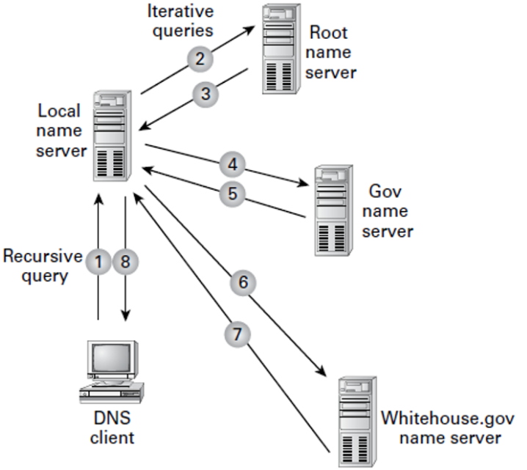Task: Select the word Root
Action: click(328, 33)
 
